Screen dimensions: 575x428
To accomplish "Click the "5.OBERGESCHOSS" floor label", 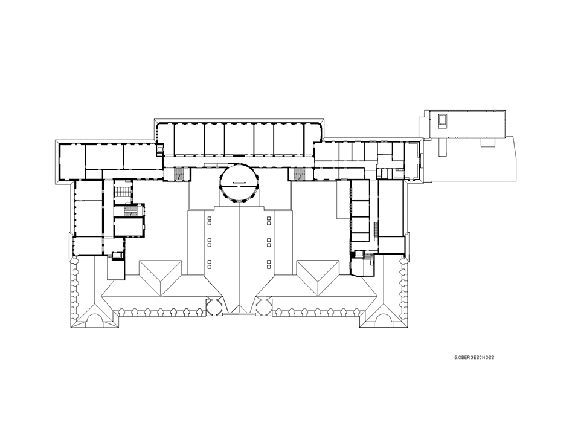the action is (x=474, y=357).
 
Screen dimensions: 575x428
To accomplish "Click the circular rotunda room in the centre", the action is (x=239, y=182).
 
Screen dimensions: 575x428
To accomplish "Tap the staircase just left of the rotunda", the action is (x=179, y=173).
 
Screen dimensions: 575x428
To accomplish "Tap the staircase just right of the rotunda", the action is (x=300, y=173).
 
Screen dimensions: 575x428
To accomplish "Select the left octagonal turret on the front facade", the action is (x=214, y=306).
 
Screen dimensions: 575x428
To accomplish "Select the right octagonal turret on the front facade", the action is (x=264, y=306).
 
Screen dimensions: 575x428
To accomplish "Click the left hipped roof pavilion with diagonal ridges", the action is (x=160, y=278).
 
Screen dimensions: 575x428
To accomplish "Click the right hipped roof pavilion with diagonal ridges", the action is (x=318, y=278).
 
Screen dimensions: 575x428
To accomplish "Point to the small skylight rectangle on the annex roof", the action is (x=443, y=121).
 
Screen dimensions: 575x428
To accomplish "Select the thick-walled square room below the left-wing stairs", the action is (x=128, y=227).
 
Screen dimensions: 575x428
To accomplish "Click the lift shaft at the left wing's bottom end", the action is (x=117, y=256).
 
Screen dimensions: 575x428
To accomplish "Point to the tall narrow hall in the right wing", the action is (x=391, y=208).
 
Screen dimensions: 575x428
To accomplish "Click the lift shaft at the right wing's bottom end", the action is (x=358, y=254).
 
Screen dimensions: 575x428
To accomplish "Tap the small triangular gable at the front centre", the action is (x=239, y=309).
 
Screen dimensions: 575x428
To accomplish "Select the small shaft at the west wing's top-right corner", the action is (x=160, y=149).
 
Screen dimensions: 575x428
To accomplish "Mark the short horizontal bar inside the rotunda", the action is (x=239, y=183).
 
